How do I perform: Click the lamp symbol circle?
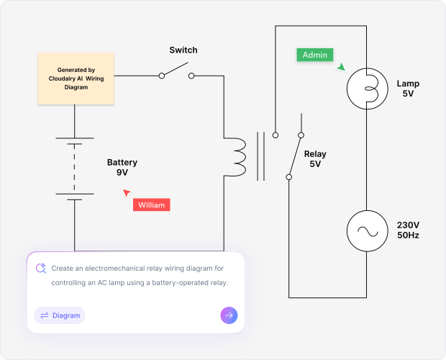(x=368, y=89)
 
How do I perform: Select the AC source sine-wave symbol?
(x=368, y=231)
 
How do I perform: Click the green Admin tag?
(x=314, y=55)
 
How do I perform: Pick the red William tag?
(x=151, y=205)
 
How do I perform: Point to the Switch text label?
(x=183, y=50)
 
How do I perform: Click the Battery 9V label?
(x=122, y=168)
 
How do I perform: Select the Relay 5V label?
(x=315, y=159)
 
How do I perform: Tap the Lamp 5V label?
(x=408, y=89)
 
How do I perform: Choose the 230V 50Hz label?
(x=408, y=230)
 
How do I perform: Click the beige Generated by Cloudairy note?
(x=76, y=78)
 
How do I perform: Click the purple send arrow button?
(x=229, y=315)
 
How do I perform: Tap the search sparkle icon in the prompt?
(x=40, y=269)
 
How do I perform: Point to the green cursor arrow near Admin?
(x=341, y=67)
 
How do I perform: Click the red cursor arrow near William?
(x=127, y=192)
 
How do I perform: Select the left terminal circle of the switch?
(x=160, y=75)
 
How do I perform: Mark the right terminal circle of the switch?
(x=191, y=75)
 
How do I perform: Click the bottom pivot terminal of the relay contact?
(x=289, y=176)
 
